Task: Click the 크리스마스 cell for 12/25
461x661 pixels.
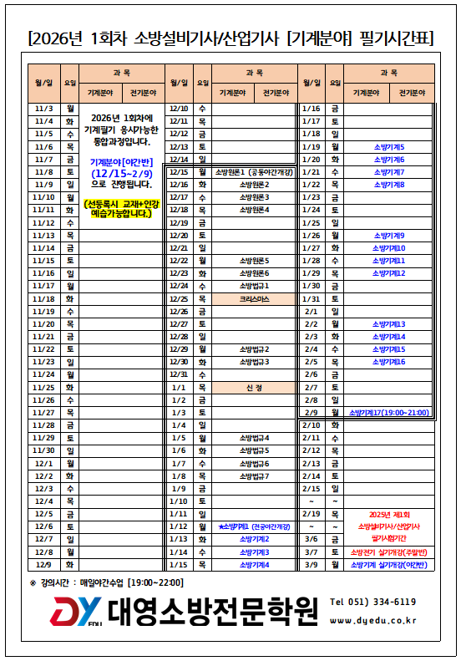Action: pyautogui.click(x=255, y=298)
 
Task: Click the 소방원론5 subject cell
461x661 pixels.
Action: pyautogui.click(x=255, y=261)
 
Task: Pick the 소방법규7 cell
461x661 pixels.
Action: pyautogui.click(x=255, y=476)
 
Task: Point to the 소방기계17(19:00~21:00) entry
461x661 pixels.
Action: pyautogui.click(x=388, y=413)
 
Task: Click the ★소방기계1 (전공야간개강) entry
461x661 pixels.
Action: pyautogui.click(x=255, y=527)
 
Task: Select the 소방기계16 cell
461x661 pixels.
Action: pyautogui.click(x=388, y=362)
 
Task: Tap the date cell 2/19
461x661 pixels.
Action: pyautogui.click(x=312, y=514)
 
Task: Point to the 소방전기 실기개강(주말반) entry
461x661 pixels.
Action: pyautogui.click(x=388, y=552)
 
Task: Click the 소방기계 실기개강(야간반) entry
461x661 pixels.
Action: pyautogui.click(x=388, y=565)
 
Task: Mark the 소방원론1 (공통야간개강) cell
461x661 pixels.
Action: pyautogui.click(x=255, y=172)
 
